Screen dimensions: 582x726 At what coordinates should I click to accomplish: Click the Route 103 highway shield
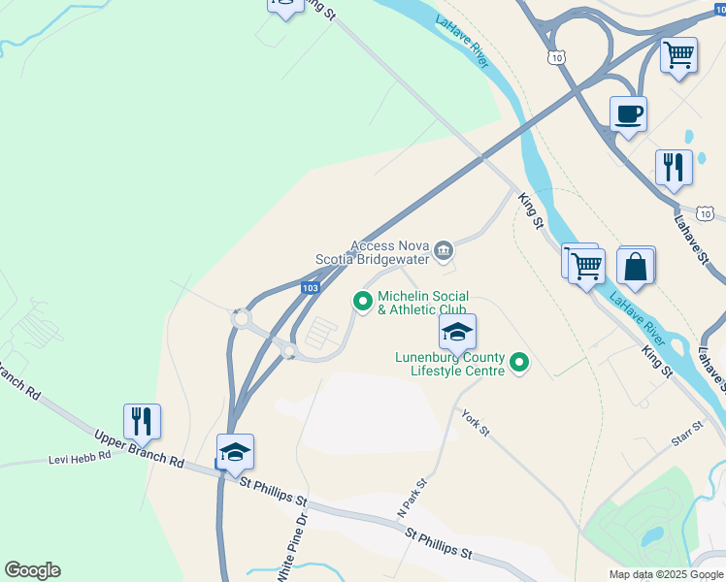click(x=310, y=288)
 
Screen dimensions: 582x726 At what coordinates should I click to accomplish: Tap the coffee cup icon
click(x=628, y=114)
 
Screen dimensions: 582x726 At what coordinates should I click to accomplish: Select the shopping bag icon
click(x=635, y=266)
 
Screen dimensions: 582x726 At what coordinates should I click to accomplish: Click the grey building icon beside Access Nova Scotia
click(x=444, y=252)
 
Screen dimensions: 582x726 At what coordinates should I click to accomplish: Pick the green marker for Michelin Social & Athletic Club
click(x=364, y=303)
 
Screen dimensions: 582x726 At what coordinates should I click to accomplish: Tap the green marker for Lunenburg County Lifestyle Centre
click(x=520, y=364)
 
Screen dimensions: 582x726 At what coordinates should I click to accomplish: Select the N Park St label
click(x=412, y=498)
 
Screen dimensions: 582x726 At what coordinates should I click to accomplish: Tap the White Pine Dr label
click(x=291, y=547)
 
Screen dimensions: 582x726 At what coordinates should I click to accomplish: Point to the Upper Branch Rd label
click(x=139, y=447)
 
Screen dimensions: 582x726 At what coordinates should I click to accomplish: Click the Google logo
click(x=32, y=570)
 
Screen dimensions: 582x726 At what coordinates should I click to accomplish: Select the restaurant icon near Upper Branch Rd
click(x=142, y=421)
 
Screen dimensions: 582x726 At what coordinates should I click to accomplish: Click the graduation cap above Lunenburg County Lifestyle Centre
click(x=458, y=332)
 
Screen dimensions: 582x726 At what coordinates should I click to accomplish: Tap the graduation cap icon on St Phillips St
click(x=235, y=451)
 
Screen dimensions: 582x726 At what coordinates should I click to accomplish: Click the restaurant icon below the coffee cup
click(x=673, y=166)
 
